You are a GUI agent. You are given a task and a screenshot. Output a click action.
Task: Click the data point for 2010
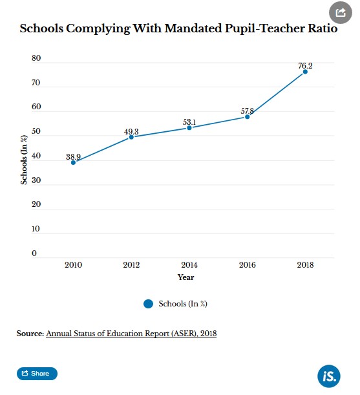click(73, 163)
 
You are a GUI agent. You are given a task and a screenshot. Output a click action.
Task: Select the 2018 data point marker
click(305, 72)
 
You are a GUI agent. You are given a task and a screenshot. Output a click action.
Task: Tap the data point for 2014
click(189, 128)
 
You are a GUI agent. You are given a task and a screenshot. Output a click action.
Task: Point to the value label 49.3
click(131, 132)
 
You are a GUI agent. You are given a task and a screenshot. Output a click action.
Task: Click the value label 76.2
click(305, 66)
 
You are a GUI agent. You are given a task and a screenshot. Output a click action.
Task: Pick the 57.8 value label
click(247, 111)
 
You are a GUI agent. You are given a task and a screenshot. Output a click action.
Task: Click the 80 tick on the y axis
click(36, 58)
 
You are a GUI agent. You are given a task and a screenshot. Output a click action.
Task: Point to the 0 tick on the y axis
click(34, 253)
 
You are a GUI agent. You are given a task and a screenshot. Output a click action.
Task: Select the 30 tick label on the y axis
click(36, 180)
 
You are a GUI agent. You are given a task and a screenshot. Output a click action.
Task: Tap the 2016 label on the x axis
click(247, 265)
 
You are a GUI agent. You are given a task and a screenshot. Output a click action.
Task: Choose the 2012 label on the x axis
click(131, 265)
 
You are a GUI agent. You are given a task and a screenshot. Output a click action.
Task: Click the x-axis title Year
click(186, 277)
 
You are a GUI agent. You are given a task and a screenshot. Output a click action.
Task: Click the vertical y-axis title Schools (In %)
click(24, 160)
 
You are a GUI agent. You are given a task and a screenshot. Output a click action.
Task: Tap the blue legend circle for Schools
click(149, 304)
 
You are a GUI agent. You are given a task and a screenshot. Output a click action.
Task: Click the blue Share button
click(37, 373)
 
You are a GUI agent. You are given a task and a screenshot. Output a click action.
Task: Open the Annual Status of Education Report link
click(131, 334)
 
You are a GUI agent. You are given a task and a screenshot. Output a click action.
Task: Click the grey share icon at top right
click(341, 12)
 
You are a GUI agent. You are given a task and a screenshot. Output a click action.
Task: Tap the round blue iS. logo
click(329, 376)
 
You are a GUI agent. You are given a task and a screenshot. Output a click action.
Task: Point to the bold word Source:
click(30, 334)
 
